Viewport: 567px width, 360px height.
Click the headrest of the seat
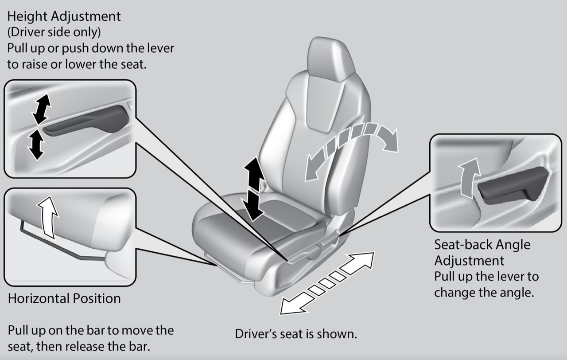[329, 59]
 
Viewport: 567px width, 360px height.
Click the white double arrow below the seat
[327, 283]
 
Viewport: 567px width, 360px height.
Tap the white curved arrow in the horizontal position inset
[49, 217]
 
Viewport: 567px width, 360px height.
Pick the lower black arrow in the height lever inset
[36, 145]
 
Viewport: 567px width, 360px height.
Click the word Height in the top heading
[27, 17]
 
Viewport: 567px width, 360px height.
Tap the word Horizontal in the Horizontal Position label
[39, 298]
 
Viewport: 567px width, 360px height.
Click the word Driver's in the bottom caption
[256, 334]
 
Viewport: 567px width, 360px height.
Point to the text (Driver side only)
[54, 32]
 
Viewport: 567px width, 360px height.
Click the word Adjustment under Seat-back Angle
[469, 261]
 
